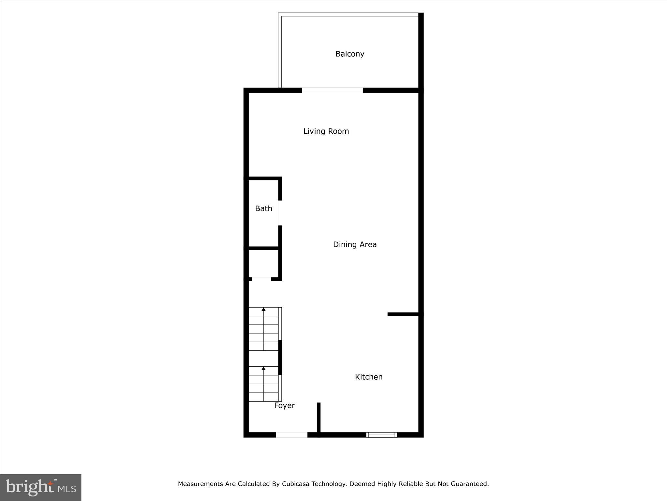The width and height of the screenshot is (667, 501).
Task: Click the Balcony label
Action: click(x=350, y=54)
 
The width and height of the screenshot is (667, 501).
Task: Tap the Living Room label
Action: click(x=326, y=131)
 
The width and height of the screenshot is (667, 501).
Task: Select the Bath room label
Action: click(x=263, y=209)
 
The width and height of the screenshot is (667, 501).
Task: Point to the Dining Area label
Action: click(x=355, y=245)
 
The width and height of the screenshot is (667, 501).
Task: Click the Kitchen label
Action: click(x=369, y=377)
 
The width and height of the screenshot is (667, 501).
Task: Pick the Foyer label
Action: click(x=284, y=406)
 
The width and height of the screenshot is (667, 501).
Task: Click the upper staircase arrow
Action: click(x=263, y=310)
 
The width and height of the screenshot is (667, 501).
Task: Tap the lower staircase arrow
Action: click(x=263, y=369)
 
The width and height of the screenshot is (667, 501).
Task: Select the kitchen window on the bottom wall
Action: click(x=381, y=435)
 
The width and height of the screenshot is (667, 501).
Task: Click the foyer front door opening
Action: click(x=291, y=435)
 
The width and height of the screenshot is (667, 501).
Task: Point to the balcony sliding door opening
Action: click(x=332, y=90)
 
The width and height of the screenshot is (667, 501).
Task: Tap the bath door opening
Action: click(x=280, y=213)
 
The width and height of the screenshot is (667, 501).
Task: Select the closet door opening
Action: click(x=261, y=279)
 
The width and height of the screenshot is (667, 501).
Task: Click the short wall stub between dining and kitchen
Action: click(x=403, y=314)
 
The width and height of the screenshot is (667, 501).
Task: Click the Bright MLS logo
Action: click(x=41, y=488)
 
